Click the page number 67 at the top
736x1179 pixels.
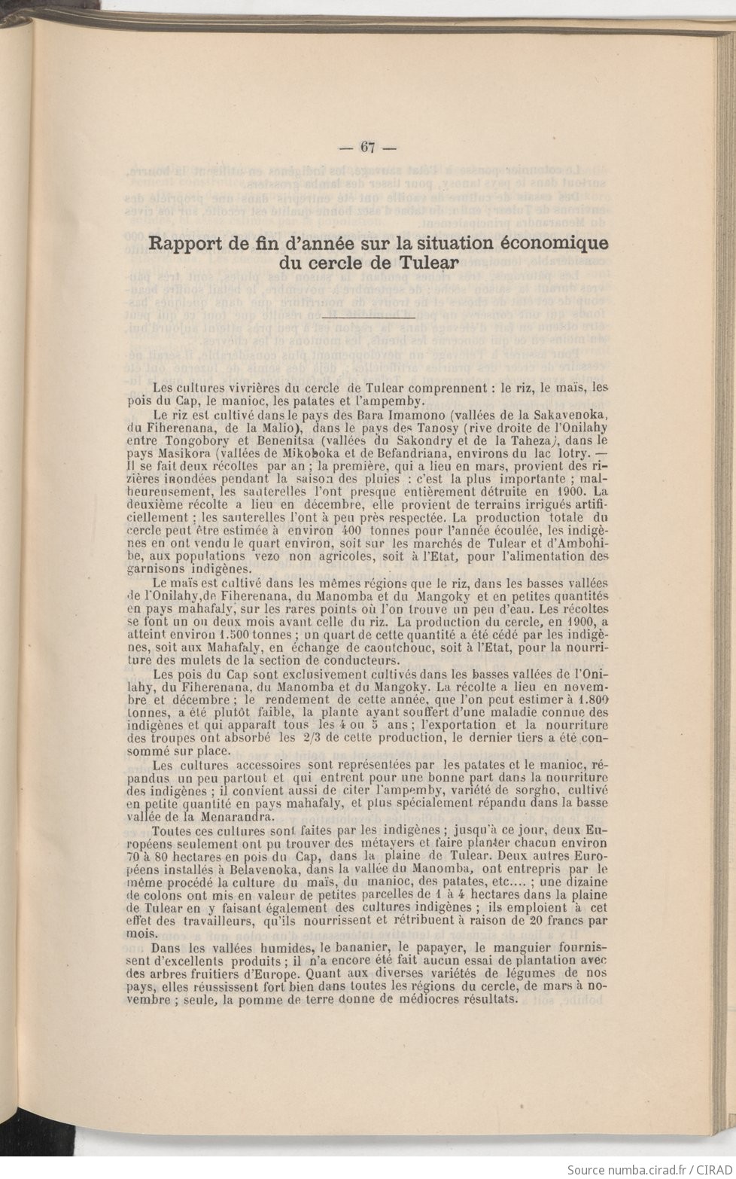[x=368, y=147]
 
